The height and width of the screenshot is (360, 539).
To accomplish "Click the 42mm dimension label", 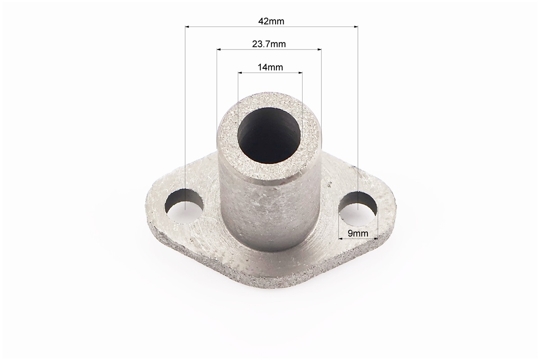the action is pyautogui.click(x=271, y=21).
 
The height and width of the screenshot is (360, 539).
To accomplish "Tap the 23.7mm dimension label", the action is pyautogui.click(x=269, y=44).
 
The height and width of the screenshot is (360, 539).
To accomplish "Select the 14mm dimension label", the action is pyautogui.click(x=270, y=67).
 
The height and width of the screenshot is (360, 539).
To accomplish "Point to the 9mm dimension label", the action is pyautogui.click(x=358, y=234).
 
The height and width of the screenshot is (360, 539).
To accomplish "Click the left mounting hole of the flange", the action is pyautogui.click(x=184, y=207).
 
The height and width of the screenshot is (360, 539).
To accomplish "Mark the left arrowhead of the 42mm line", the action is pyautogui.click(x=188, y=26).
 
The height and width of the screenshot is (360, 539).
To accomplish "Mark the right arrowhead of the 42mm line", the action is pyautogui.click(x=355, y=26).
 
